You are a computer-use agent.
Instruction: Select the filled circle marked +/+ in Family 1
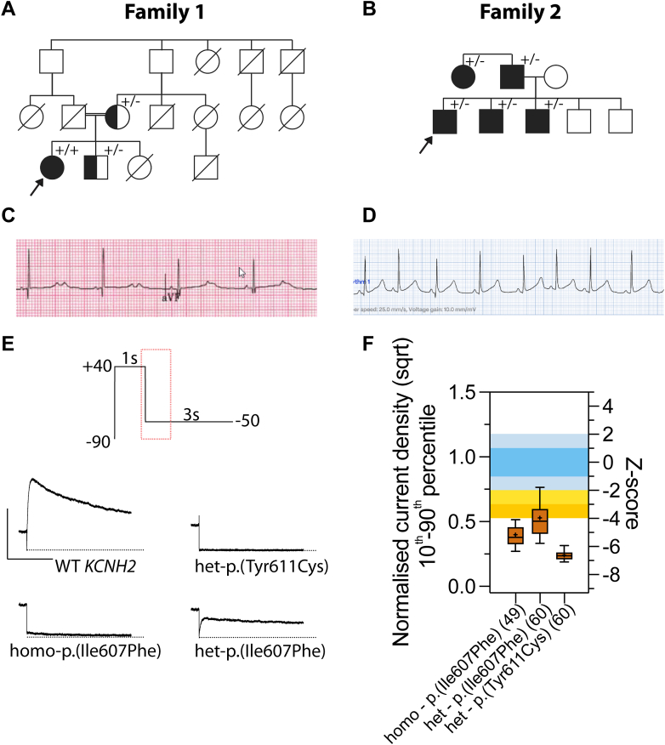coord(51,168)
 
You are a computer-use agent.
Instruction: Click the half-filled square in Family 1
coord(97,168)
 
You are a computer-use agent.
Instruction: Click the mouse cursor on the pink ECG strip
coord(242,272)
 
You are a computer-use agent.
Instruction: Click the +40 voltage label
coord(98,366)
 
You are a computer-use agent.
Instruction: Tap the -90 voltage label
coord(98,440)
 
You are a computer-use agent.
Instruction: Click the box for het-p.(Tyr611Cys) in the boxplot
coord(564,555)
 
